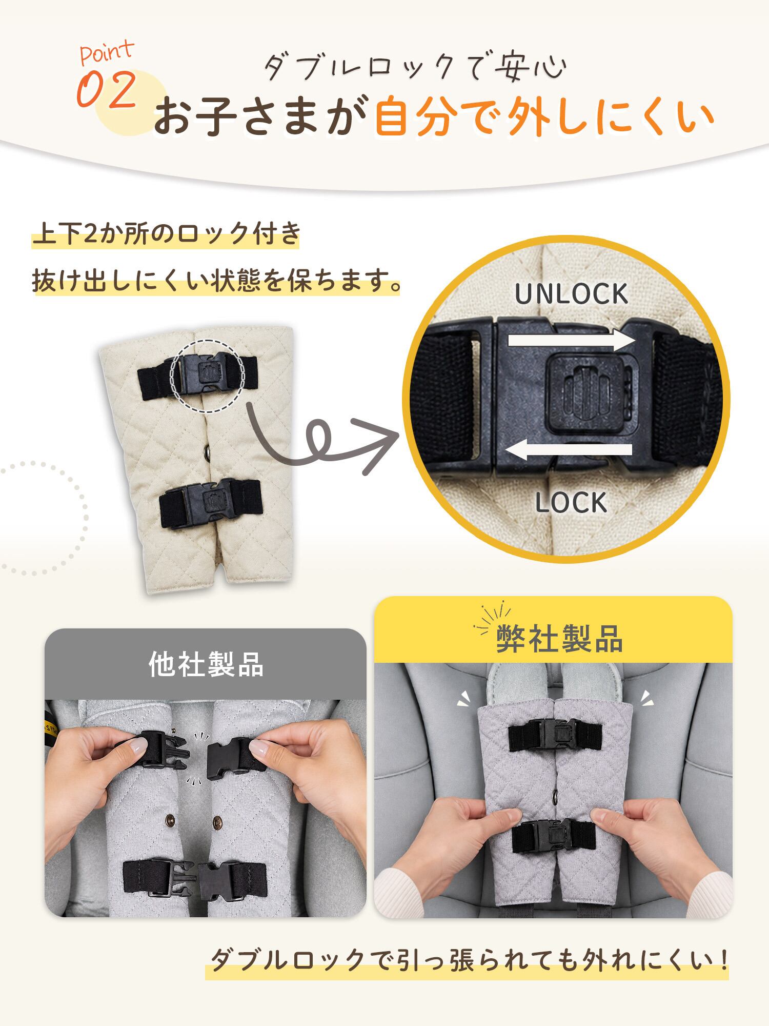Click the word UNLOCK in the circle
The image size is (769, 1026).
571,293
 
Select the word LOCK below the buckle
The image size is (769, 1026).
571,503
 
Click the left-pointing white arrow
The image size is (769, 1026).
569,450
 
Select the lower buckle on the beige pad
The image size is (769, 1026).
211,503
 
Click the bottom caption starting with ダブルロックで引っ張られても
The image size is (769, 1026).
469,960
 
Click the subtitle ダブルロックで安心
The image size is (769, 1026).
415,67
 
